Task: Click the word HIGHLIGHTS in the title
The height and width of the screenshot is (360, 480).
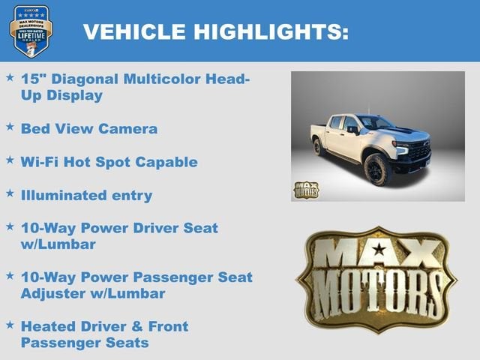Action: coord(271,31)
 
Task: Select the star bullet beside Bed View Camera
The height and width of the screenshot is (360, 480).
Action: coord(10,127)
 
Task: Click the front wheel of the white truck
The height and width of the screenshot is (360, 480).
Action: coord(376,169)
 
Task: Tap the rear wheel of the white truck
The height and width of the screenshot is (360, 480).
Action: coord(319,147)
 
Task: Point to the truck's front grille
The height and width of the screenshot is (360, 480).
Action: coord(418,151)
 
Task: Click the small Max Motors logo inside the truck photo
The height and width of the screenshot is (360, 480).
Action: coord(305,189)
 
